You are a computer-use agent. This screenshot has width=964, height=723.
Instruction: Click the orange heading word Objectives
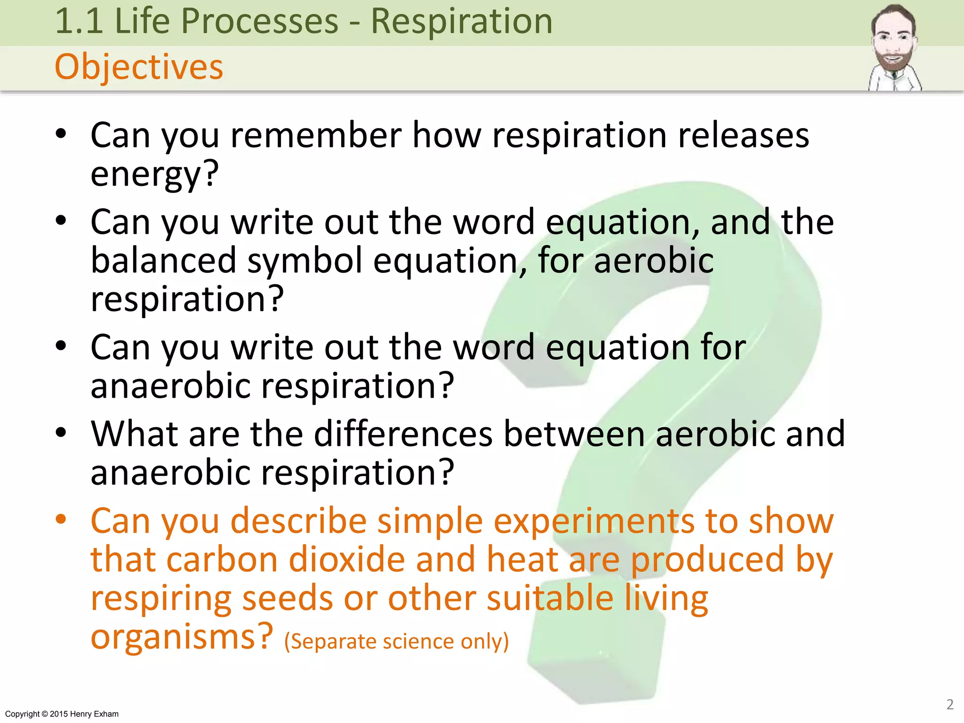tap(139, 67)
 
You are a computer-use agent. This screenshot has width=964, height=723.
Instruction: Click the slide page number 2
tap(950, 704)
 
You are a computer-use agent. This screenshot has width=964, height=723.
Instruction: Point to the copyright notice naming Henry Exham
tap(62, 714)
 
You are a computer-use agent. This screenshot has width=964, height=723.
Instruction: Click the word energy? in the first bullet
tap(154, 174)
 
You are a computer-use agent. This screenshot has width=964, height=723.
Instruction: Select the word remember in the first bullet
tap(316, 136)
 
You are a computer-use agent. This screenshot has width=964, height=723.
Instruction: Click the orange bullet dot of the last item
tap(61, 520)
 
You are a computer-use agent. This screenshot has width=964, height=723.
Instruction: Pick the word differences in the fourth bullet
tap(403, 434)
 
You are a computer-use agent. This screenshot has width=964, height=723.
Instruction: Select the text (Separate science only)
tap(396, 642)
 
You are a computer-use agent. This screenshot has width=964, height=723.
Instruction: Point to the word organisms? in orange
tap(181, 637)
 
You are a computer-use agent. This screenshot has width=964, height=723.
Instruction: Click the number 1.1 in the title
tap(79, 22)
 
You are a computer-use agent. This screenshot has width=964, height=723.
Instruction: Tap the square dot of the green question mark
tap(595, 659)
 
